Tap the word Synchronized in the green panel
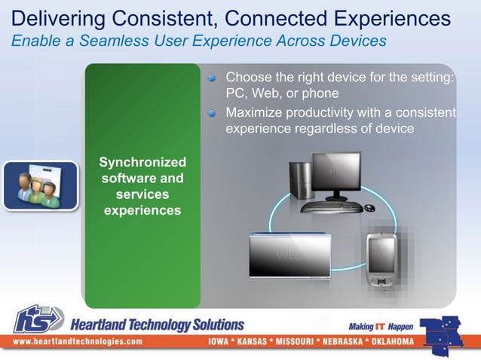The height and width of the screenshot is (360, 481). pos(142,162)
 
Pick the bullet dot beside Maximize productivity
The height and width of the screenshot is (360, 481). pos(213,113)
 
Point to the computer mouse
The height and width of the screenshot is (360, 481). pos(369,207)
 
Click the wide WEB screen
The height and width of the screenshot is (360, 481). pos(290,255)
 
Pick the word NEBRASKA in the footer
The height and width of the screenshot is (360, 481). pos(341,341)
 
